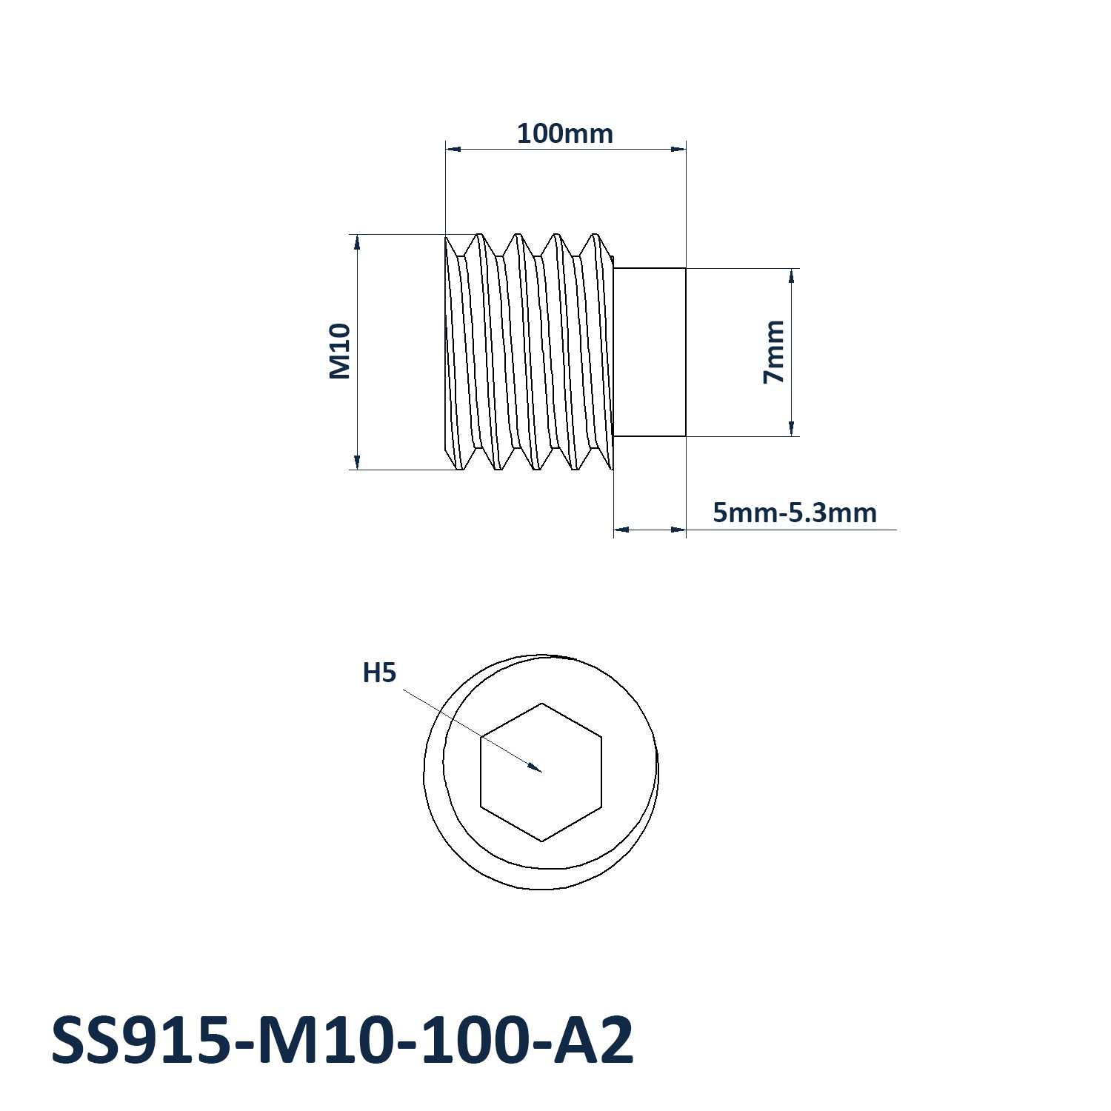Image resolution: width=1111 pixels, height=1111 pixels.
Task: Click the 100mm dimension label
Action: (565, 134)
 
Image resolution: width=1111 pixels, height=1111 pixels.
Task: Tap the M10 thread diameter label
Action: (339, 351)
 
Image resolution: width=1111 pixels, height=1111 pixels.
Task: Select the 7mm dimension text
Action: (774, 352)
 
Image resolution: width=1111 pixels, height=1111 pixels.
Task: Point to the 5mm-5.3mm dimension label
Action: (795, 513)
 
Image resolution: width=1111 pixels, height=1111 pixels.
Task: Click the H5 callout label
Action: (379, 673)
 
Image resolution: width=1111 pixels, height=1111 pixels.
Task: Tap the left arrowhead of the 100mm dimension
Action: (453, 150)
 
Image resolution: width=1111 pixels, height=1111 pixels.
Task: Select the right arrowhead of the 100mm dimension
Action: (678, 150)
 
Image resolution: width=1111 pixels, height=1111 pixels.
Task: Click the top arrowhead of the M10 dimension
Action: (357, 243)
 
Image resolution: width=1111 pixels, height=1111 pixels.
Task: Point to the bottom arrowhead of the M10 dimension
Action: (357, 461)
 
